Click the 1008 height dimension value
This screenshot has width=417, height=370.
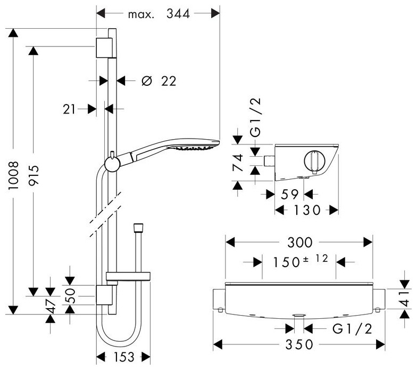click(x=14, y=175)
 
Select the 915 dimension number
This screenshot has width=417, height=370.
click(x=34, y=175)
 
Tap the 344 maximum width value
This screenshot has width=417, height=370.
click(x=178, y=14)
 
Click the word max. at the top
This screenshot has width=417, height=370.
click(x=141, y=15)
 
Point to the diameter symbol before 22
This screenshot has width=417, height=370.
click(x=147, y=81)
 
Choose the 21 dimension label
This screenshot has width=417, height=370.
click(x=69, y=109)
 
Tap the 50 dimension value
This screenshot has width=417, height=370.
click(x=70, y=295)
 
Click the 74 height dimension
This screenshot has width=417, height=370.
click(x=238, y=162)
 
